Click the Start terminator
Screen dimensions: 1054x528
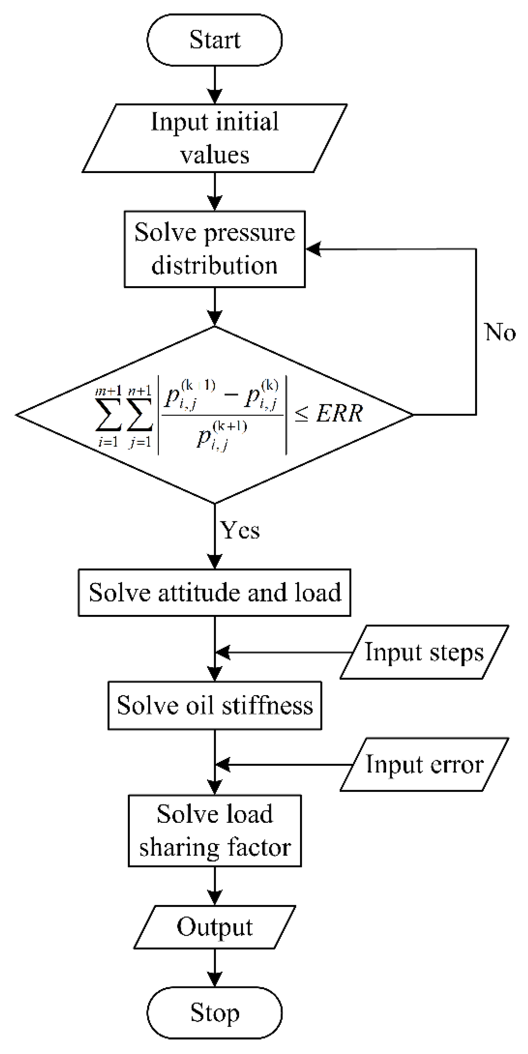[x=214, y=40]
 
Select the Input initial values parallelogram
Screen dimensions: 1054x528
[x=214, y=138]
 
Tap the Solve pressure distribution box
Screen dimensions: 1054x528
[x=214, y=249]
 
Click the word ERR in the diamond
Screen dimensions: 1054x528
[x=339, y=414]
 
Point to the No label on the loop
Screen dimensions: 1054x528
[x=500, y=332]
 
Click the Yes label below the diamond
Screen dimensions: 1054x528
[x=240, y=530]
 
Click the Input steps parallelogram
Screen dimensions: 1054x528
[x=424, y=652]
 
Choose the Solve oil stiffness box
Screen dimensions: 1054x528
[x=214, y=705]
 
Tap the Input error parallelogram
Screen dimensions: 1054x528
[x=424, y=764]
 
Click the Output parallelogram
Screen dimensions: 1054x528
[x=214, y=927]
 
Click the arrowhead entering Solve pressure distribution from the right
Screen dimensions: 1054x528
[x=313, y=249]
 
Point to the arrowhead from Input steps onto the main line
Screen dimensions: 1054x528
[x=222, y=652]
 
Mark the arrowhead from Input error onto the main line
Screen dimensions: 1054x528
[x=222, y=764]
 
